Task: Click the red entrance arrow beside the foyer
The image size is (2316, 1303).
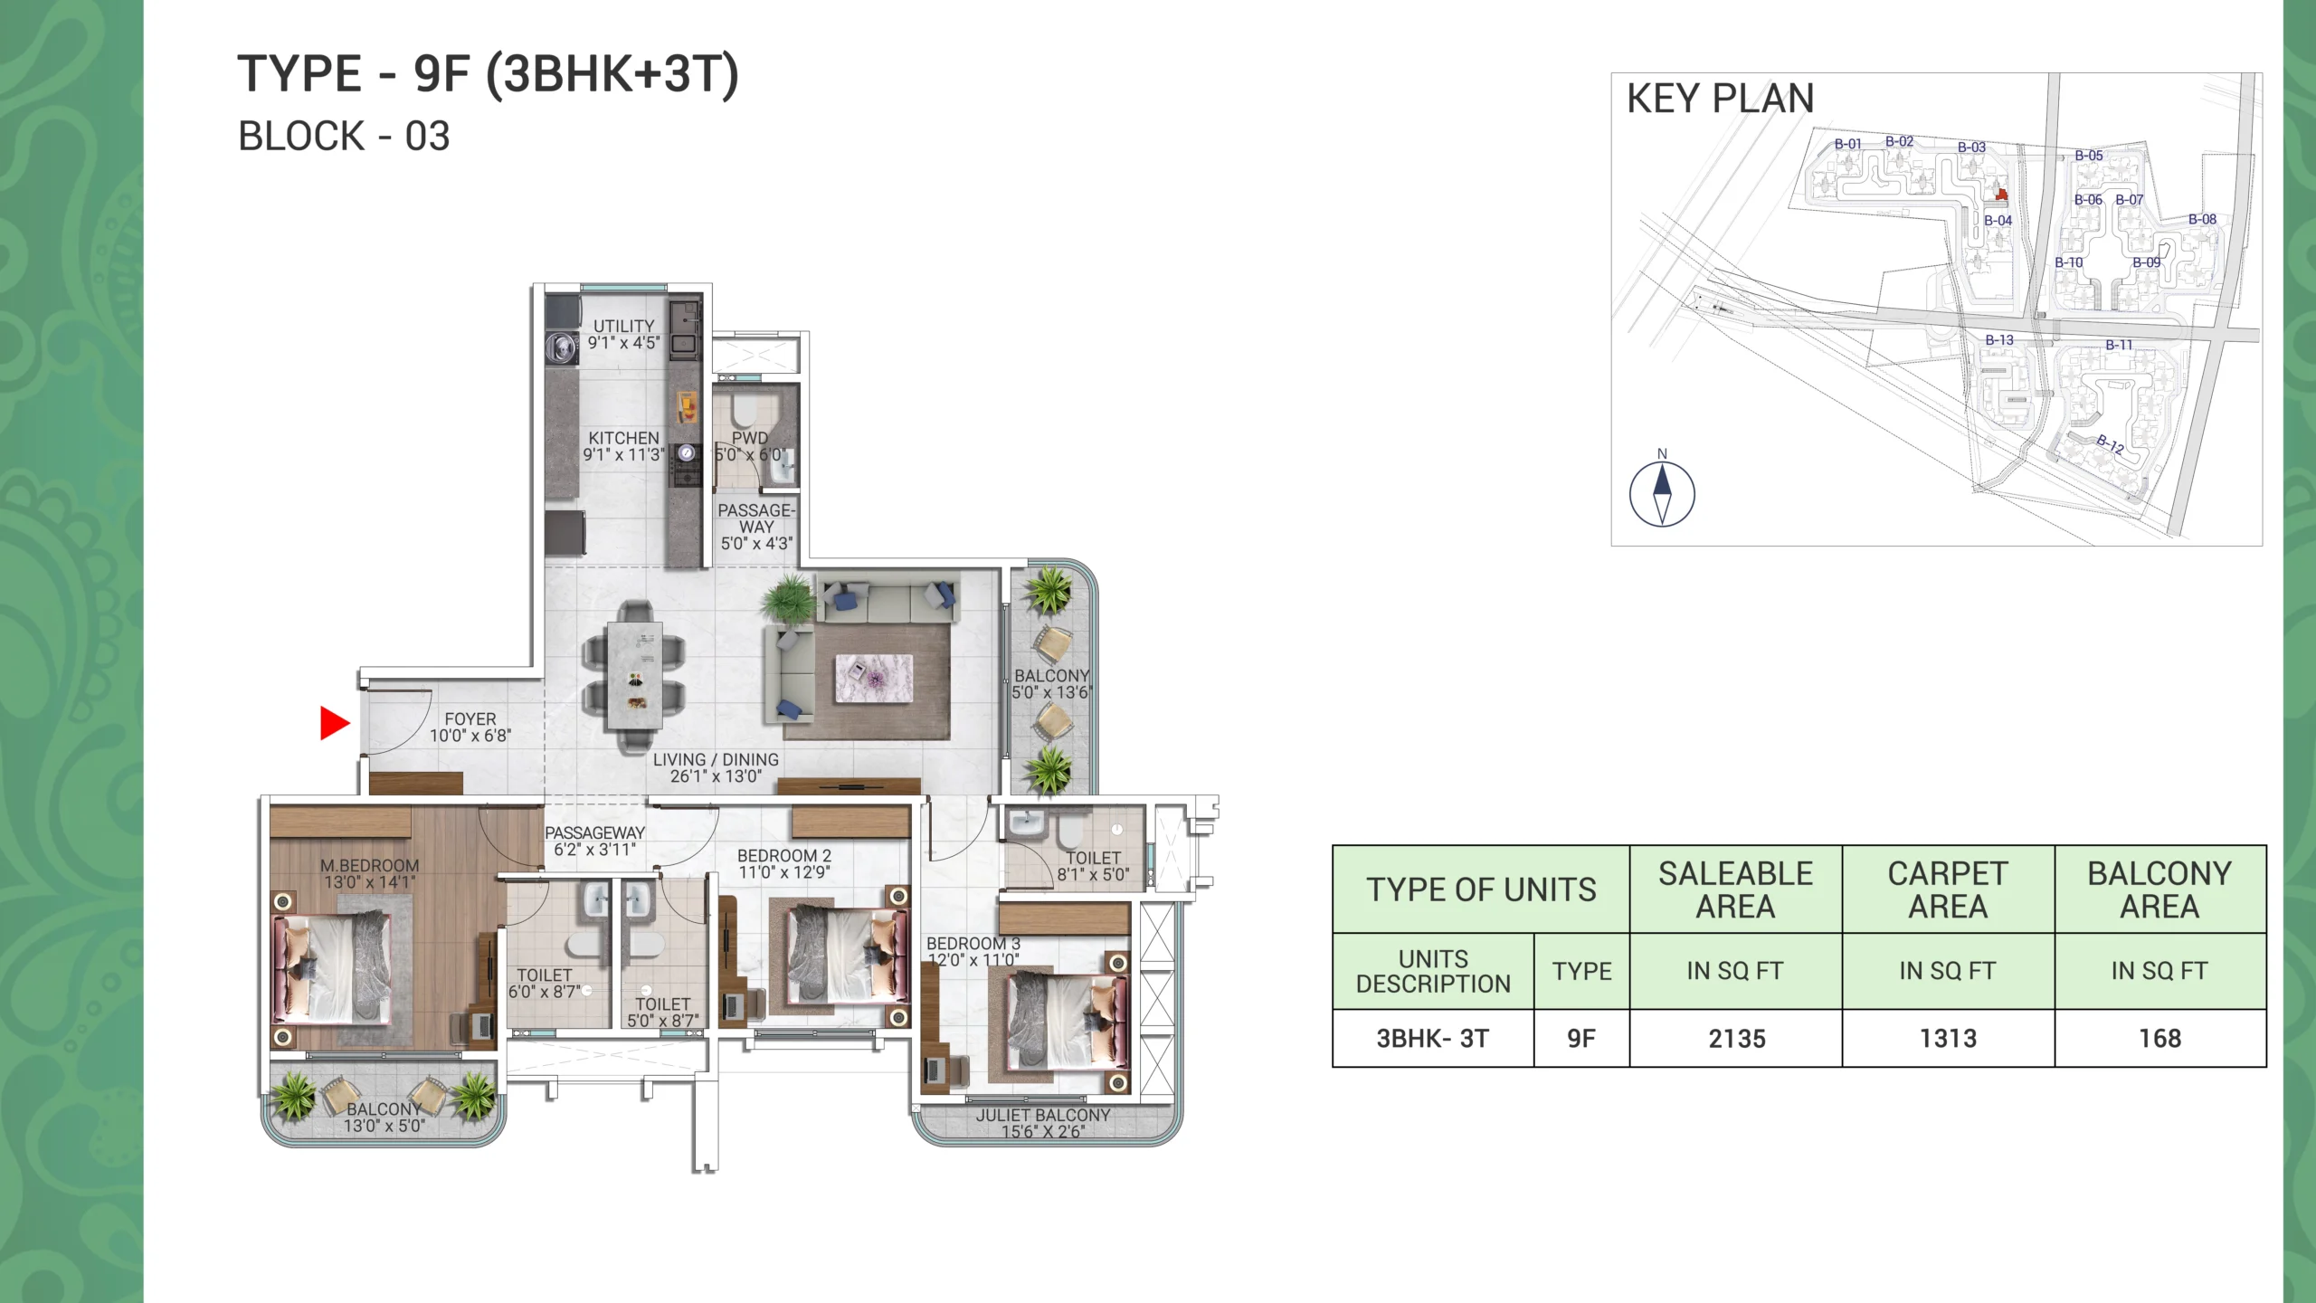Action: pyautogui.click(x=335, y=723)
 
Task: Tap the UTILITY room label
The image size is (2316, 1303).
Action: pyautogui.click(x=623, y=326)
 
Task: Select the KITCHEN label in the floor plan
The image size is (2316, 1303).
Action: pyautogui.click(x=623, y=438)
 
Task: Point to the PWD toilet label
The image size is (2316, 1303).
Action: pyautogui.click(x=749, y=438)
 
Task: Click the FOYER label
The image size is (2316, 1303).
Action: pyautogui.click(x=470, y=719)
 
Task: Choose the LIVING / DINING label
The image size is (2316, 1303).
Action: pyautogui.click(x=716, y=760)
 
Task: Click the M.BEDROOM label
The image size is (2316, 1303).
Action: pyautogui.click(x=370, y=866)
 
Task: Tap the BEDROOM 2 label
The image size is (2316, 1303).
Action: pyautogui.click(x=784, y=856)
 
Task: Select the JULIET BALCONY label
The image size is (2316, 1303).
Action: pyautogui.click(x=1043, y=1116)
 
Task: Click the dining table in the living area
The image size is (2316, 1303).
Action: pyautogui.click(x=634, y=675)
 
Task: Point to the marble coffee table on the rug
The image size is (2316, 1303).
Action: pyautogui.click(x=873, y=679)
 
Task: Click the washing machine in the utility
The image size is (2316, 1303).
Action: pyautogui.click(x=562, y=346)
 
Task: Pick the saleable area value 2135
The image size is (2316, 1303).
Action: pyautogui.click(x=1737, y=1039)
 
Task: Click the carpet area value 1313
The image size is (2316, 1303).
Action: pyautogui.click(x=1949, y=1039)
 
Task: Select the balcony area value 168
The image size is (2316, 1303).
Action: pyautogui.click(x=2160, y=1039)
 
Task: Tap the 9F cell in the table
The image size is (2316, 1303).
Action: pyautogui.click(x=1581, y=1039)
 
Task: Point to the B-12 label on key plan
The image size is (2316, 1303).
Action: pyautogui.click(x=2111, y=444)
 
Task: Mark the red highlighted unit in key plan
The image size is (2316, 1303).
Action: pyautogui.click(x=2002, y=194)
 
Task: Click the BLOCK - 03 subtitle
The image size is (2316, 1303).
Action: pyautogui.click(x=344, y=137)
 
